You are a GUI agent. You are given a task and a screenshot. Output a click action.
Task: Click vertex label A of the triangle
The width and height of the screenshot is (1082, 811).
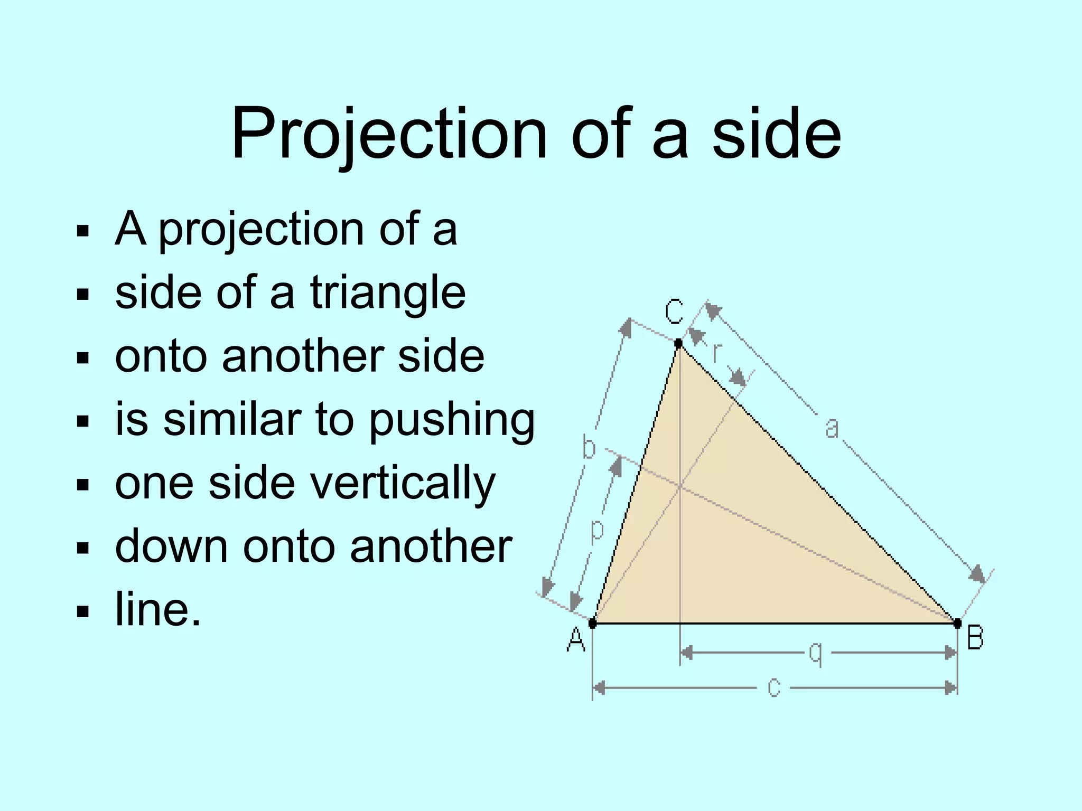(576, 640)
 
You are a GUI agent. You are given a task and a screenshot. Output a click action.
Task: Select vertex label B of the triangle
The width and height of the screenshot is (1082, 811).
(975, 637)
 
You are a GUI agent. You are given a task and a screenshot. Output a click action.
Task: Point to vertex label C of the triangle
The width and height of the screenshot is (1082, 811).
(674, 311)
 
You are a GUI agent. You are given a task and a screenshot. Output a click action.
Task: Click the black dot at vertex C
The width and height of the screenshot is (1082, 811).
(679, 344)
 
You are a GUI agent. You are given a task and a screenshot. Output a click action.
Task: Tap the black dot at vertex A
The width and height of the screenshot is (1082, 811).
(592, 624)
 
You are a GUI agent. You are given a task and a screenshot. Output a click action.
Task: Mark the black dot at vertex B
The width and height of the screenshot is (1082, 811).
(957, 624)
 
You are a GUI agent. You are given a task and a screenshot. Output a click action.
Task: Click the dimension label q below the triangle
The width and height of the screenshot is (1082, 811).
(816, 654)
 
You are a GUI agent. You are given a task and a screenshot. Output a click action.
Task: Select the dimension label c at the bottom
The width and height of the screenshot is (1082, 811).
(774, 688)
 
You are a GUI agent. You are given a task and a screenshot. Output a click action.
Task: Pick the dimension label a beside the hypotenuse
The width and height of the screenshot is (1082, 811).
(832, 428)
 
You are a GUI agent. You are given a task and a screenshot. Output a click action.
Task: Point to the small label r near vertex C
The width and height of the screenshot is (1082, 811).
(716, 353)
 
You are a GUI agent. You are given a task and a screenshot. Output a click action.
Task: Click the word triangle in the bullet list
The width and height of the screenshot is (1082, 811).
(388, 293)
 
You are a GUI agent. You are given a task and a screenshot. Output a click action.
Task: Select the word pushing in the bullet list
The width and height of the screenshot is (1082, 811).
(452, 421)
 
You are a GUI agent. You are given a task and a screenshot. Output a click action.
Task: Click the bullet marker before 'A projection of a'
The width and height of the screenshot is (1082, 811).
(82, 231)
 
